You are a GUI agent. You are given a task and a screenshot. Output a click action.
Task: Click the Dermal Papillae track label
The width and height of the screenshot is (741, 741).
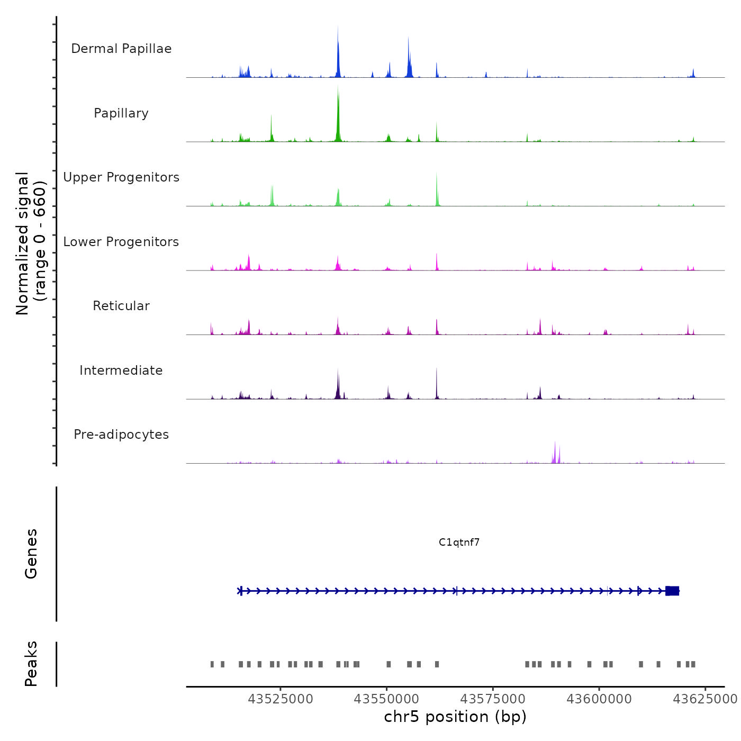point(121,49)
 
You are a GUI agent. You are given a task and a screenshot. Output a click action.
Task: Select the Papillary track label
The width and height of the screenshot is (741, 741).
point(121,113)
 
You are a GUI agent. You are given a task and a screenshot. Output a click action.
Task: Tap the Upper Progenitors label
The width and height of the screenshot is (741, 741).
point(121,177)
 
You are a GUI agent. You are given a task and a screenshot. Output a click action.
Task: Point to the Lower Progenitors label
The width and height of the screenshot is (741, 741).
point(121,242)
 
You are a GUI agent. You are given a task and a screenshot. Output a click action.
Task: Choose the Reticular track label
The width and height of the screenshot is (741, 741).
point(121,306)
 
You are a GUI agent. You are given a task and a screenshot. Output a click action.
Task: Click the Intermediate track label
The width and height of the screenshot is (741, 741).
point(121,370)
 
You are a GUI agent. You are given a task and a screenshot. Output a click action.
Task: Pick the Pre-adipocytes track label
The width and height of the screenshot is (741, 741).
point(121,435)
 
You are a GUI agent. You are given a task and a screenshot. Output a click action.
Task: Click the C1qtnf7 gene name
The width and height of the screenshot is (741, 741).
point(459,542)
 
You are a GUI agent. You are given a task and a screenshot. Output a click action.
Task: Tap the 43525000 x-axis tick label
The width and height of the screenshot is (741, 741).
point(281,699)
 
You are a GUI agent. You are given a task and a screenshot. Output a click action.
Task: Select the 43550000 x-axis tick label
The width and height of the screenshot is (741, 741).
point(386,699)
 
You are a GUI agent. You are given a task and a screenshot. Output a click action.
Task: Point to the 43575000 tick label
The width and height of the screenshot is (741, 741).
point(493,699)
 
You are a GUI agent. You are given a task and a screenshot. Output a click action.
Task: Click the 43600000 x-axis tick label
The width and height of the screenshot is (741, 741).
point(599,699)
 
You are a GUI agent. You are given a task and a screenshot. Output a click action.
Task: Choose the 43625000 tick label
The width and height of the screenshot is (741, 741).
point(704,699)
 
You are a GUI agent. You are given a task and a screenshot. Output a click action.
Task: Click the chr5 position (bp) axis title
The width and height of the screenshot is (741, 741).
point(455,717)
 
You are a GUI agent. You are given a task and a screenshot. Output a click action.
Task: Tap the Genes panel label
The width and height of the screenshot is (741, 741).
point(31,554)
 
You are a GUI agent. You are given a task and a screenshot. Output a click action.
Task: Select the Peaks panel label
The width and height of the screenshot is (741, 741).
point(31,664)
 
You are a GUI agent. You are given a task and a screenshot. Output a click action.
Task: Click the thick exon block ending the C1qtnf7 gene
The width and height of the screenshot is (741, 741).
point(672,591)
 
